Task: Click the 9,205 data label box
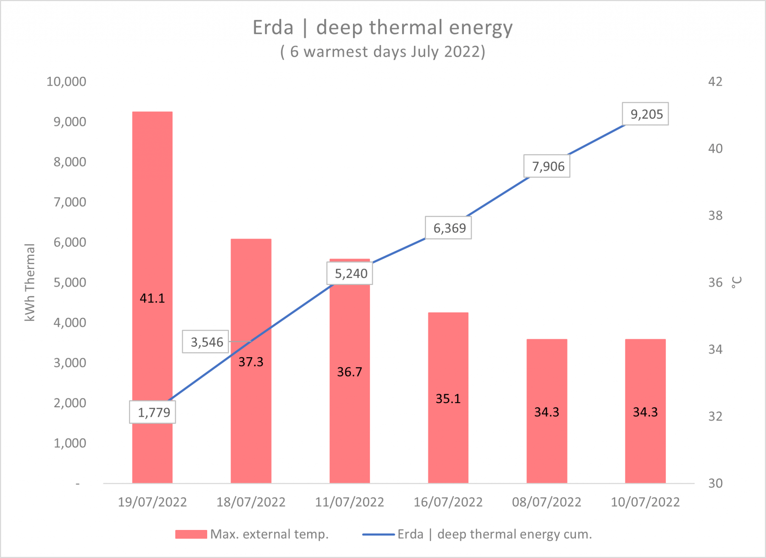[x=645, y=114]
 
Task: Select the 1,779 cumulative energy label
[x=153, y=412]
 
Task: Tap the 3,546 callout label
[x=205, y=341]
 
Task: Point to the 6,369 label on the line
[x=448, y=228]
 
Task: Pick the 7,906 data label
[x=547, y=166]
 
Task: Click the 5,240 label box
[x=350, y=273]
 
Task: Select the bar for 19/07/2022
[x=152, y=224]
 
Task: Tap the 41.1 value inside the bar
[x=152, y=298]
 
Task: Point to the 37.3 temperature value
[x=251, y=362]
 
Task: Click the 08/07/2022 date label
[x=546, y=502]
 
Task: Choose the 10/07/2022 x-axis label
[x=645, y=502]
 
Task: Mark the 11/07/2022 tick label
[x=349, y=502]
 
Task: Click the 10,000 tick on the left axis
[x=66, y=82]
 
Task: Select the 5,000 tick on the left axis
[x=70, y=282]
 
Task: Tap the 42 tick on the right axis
[x=715, y=82]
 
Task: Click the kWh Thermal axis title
[x=30, y=282]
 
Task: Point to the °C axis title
[x=736, y=282]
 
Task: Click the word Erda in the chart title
[x=273, y=28]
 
